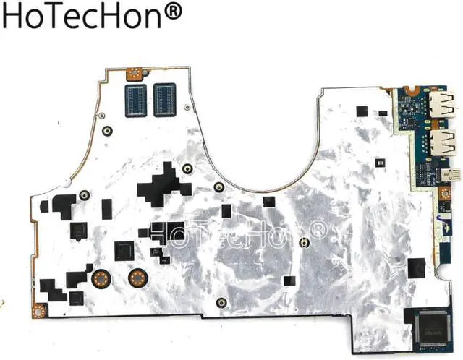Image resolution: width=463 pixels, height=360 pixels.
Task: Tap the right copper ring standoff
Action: [135, 278]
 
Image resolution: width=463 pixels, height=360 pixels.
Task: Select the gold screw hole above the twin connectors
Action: [133, 72]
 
